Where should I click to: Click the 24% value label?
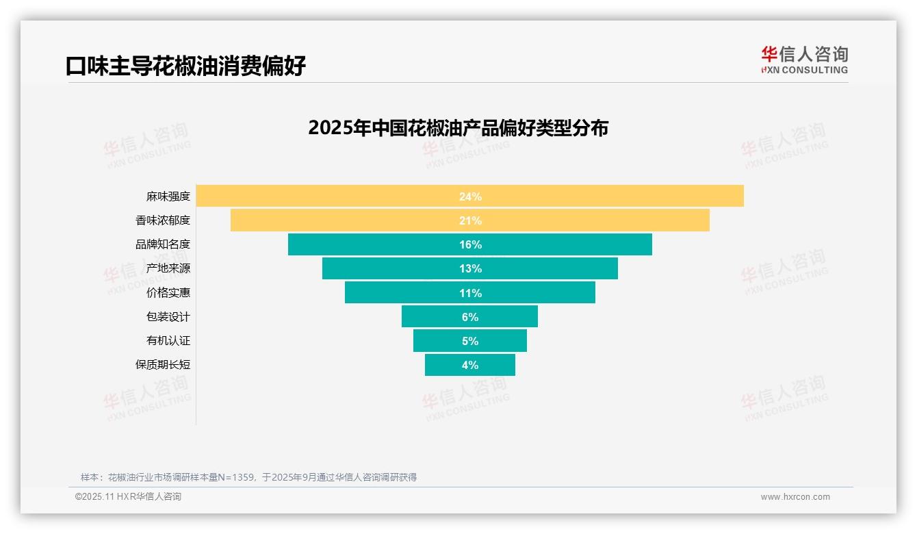[x=470, y=196]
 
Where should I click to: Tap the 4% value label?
[x=470, y=365]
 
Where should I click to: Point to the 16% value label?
[x=470, y=244]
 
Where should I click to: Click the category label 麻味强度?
[x=168, y=196]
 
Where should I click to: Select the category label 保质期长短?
[x=162, y=365]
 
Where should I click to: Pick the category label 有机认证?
[x=168, y=341]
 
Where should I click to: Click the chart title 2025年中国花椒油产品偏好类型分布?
[x=458, y=128]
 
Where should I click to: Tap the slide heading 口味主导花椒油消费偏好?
[x=185, y=66]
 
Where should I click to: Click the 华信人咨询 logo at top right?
[x=804, y=60]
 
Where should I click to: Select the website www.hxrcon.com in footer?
[x=795, y=497]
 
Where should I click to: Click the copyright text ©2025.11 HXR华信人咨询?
[x=128, y=497]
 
